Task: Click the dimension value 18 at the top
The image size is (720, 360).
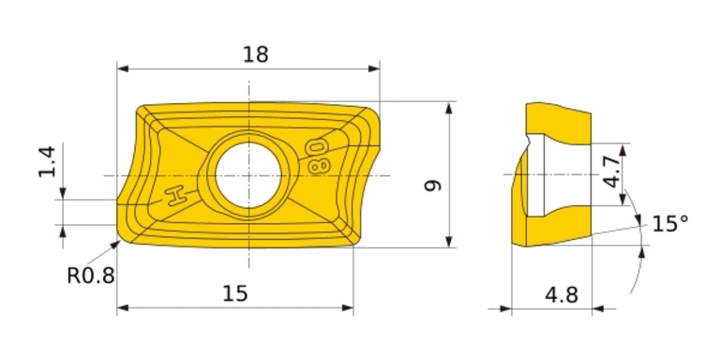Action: (255, 54)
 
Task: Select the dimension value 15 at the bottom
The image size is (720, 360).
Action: (235, 292)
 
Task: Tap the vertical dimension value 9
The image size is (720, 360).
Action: (433, 186)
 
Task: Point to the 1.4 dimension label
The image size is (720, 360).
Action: (47, 161)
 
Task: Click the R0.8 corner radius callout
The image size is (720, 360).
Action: (91, 276)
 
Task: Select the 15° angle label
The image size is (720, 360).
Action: (670, 224)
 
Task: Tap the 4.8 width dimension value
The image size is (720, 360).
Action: (562, 294)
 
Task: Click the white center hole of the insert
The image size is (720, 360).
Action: (248, 175)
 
